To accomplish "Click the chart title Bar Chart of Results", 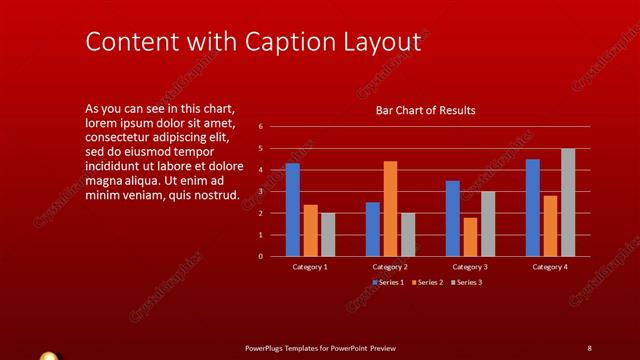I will (x=425, y=110).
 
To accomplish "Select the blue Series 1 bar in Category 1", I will (x=292, y=209).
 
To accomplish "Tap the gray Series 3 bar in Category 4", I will (x=568, y=202).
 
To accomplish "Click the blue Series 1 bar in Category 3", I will (x=452, y=218).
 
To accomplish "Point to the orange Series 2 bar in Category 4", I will (x=550, y=226).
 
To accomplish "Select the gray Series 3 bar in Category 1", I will (x=328, y=234).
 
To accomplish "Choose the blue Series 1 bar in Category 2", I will (x=372, y=229).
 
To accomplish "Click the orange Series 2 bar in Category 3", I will (x=470, y=236).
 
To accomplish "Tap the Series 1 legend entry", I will (x=388, y=283).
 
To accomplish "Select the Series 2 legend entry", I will (x=427, y=283).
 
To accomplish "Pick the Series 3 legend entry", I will (x=466, y=283).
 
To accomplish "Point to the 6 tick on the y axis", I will (x=260, y=127).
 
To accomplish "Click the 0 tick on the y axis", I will (x=260, y=256).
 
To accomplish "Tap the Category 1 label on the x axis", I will (x=310, y=267).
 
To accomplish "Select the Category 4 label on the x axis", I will (x=550, y=267).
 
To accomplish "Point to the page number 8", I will (x=589, y=347).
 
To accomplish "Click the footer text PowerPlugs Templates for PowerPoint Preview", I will (x=320, y=347).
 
